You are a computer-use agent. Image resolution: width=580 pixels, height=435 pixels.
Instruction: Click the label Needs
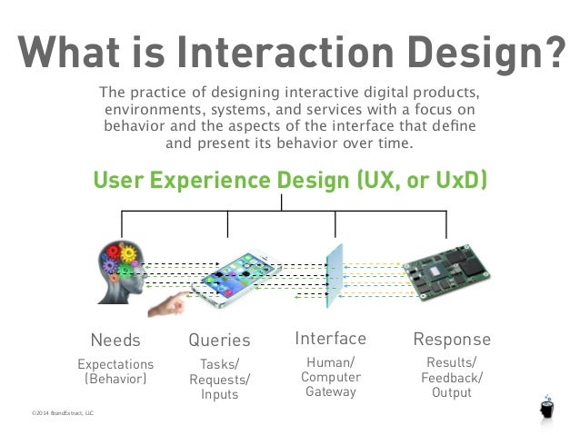pos(115,341)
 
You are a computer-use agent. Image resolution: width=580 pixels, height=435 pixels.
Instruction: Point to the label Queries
pos(219,341)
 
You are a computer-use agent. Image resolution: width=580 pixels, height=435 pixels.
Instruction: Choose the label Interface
pos(330,339)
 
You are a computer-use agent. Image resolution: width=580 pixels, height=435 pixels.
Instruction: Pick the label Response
pos(452,340)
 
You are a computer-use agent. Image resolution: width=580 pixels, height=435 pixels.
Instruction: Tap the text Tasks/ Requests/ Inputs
pos(219,379)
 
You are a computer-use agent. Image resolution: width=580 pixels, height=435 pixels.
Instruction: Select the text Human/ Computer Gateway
pos(330,377)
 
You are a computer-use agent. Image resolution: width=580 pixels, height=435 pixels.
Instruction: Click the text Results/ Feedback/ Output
pos(452,378)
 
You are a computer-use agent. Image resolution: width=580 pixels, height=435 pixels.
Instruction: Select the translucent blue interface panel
pos(335,272)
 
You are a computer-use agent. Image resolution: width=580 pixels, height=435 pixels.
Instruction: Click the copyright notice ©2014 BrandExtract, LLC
pos(62,413)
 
